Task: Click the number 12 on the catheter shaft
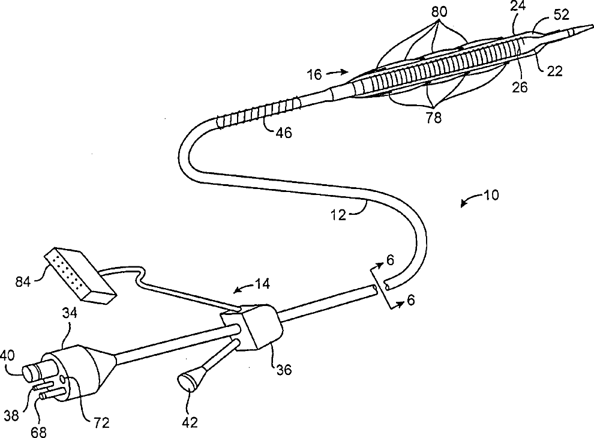click(x=338, y=214)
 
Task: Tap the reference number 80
click(x=440, y=12)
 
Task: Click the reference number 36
click(x=284, y=369)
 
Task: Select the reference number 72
click(x=101, y=422)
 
